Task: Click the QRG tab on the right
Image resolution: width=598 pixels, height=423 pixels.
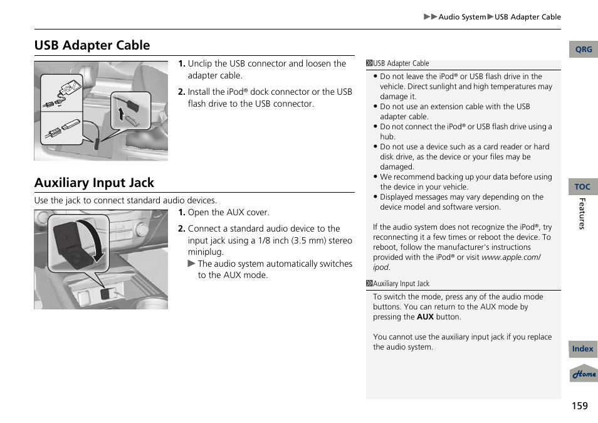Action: (583, 50)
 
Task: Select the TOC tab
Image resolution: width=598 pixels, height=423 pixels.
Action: (582, 186)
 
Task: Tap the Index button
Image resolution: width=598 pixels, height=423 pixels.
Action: (582, 349)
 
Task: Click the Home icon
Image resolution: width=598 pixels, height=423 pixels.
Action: (583, 374)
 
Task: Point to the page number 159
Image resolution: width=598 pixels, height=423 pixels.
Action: (579, 406)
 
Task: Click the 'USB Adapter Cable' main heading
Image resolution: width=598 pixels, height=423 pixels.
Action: (92, 45)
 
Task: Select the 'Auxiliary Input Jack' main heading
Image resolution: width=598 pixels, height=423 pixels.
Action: (94, 183)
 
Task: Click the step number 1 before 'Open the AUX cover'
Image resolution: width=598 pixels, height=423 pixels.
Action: (181, 213)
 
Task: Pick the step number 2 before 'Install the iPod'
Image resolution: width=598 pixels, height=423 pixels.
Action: (181, 92)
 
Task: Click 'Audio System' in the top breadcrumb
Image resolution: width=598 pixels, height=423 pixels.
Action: (462, 17)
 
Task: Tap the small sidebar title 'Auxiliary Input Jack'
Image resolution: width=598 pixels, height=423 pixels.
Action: (401, 284)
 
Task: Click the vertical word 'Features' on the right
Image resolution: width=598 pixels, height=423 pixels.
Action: (582, 213)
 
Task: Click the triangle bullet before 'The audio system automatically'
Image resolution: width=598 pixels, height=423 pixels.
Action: (192, 264)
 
